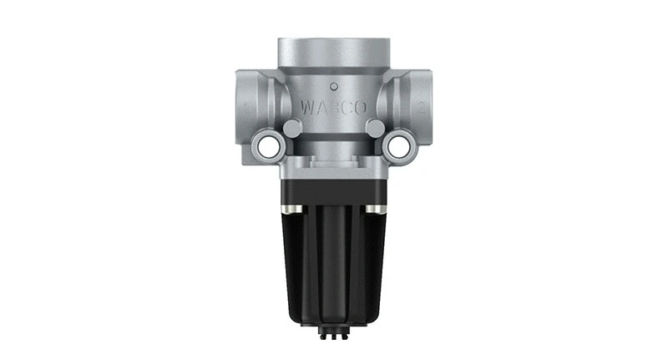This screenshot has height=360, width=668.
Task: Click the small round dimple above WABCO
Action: (334, 85)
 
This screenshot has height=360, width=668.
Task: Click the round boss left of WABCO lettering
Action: (292, 128)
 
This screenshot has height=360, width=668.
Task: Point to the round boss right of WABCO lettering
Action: (376, 128)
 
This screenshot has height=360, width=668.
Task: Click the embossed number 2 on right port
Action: (423, 108)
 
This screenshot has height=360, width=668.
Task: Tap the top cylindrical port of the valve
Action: (334, 50)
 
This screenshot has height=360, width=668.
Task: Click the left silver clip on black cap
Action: (290, 207)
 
